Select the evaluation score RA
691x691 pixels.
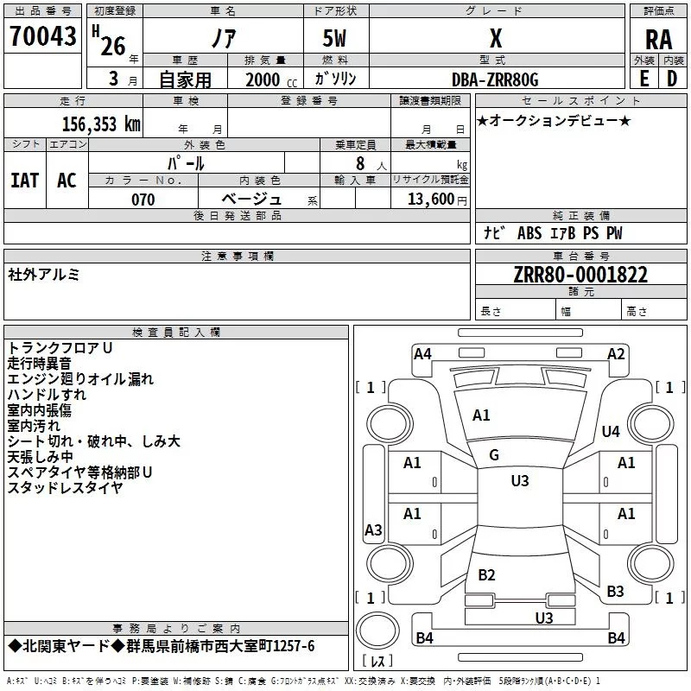(658, 39)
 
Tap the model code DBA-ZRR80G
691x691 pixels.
(495, 79)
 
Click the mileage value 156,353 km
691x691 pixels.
(101, 124)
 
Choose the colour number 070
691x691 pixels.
(143, 200)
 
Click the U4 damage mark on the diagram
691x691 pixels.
(611, 431)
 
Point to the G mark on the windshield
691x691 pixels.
(494, 455)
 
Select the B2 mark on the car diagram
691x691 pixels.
(486, 575)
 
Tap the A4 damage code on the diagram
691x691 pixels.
(422, 353)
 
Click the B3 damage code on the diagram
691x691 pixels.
(615, 592)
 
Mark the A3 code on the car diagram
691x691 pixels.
(373, 530)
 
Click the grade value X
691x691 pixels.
(495, 39)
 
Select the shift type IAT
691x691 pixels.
(25, 180)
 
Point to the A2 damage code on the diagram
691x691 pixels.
(616, 353)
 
